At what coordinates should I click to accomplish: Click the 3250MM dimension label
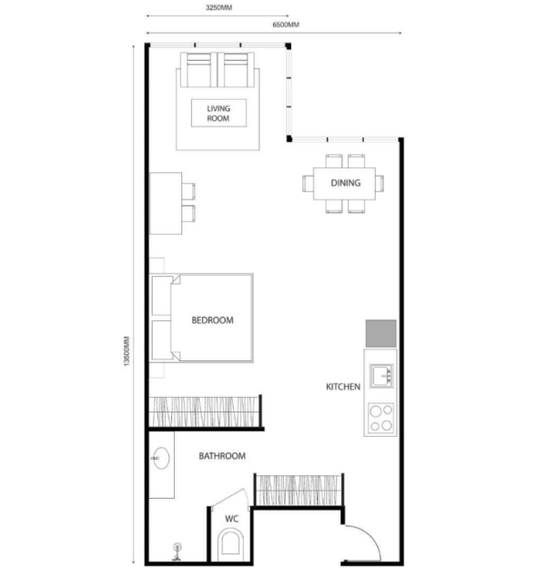pyautogui.click(x=218, y=7)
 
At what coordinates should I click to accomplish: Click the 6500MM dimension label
pyautogui.click(x=286, y=25)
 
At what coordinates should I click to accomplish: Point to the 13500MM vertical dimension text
pyautogui.click(x=127, y=350)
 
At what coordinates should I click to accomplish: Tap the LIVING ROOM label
pyautogui.click(x=218, y=113)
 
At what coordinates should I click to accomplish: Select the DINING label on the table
pyautogui.click(x=346, y=183)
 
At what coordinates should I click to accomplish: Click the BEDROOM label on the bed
pyautogui.click(x=212, y=320)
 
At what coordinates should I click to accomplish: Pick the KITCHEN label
pyautogui.click(x=343, y=387)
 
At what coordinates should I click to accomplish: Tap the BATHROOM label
pyautogui.click(x=222, y=456)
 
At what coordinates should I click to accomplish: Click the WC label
pyautogui.click(x=231, y=519)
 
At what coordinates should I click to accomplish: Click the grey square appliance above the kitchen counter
pyautogui.click(x=381, y=333)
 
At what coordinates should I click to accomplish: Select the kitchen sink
pyautogui.click(x=381, y=376)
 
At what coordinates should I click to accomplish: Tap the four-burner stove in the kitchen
pyautogui.click(x=381, y=418)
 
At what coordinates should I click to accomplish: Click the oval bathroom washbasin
pyautogui.click(x=161, y=458)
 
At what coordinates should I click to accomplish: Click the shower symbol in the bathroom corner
pyautogui.click(x=178, y=552)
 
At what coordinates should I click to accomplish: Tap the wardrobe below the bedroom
pyautogui.click(x=204, y=411)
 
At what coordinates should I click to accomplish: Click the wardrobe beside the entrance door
pyautogui.click(x=298, y=491)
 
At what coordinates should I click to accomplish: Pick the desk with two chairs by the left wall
pyautogui.click(x=173, y=203)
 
